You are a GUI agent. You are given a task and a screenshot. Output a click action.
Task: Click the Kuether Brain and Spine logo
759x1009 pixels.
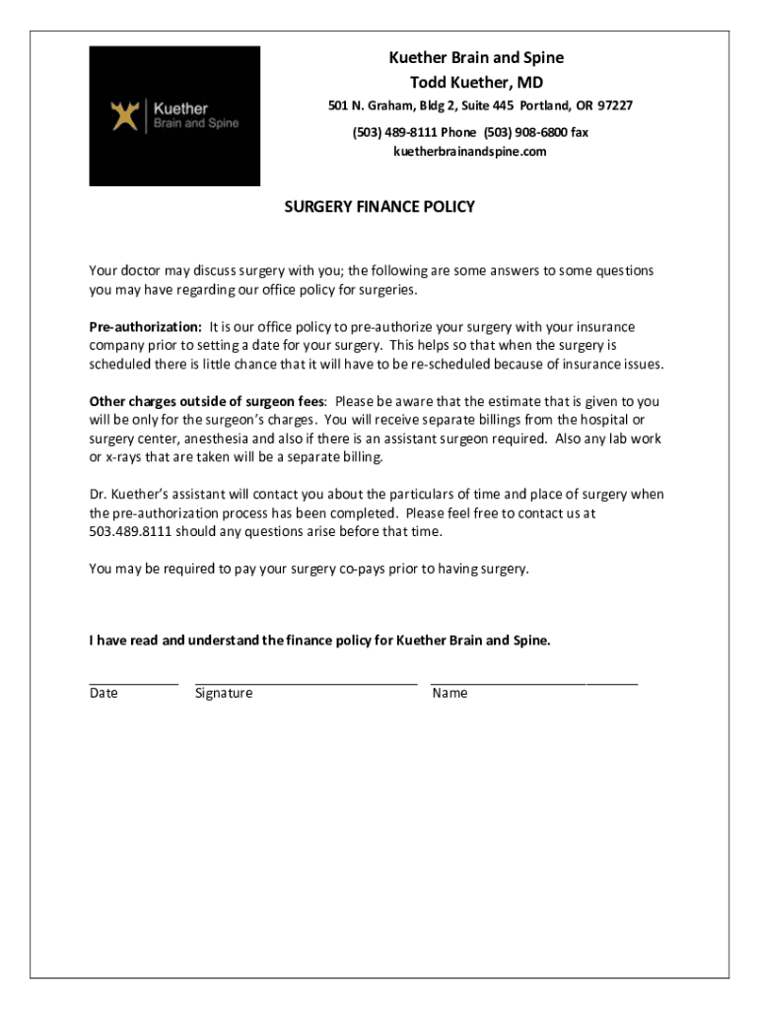tap(174, 116)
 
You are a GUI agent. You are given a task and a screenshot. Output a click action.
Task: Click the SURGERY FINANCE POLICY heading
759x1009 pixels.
tap(379, 207)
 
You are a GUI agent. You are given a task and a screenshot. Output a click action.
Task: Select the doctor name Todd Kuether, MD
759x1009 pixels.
tap(476, 83)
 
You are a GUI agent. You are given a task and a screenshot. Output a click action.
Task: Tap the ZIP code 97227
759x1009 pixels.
tap(615, 106)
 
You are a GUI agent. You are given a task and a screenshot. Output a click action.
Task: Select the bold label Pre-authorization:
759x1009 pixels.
tap(145, 327)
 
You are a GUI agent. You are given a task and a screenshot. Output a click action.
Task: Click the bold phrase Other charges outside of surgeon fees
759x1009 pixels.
tap(207, 402)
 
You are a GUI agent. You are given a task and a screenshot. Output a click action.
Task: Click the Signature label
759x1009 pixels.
tap(223, 694)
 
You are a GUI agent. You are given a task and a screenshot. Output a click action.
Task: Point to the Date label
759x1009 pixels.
tap(103, 694)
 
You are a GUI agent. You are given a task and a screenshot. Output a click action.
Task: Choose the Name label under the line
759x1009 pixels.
tap(449, 694)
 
